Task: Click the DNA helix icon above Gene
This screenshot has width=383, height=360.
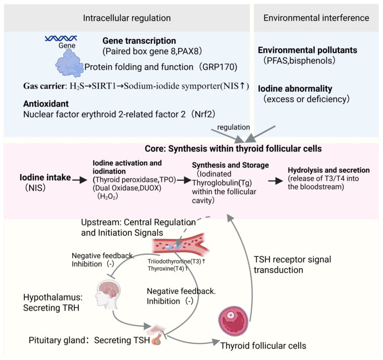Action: (61, 38)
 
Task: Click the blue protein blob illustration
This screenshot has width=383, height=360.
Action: (70, 63)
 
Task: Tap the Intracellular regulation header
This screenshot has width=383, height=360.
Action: (127, 18)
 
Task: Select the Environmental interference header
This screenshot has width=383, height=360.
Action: (316, 18)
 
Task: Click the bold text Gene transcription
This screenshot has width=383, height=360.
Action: (139, 41)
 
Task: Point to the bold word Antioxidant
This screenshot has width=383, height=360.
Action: (46, 104)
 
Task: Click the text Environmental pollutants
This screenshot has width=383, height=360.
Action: (308, 50)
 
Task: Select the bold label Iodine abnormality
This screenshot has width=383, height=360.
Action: (295, 89)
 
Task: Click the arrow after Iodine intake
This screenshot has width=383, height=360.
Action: (80, 180)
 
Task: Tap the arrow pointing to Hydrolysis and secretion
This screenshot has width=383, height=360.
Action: (276, 181)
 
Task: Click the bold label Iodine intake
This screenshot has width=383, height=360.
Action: (45, 177)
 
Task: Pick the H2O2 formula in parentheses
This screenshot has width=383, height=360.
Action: (108, 196)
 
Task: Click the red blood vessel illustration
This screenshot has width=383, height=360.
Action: (181, 244)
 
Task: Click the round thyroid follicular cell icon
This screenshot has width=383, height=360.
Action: (233, 321)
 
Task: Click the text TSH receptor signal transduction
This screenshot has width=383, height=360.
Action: (292, 265)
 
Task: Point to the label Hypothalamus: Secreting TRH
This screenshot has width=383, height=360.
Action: (53, 303)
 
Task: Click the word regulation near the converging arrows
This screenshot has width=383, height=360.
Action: (234, 127)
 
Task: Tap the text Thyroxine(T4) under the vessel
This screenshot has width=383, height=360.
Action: (166, 268)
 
